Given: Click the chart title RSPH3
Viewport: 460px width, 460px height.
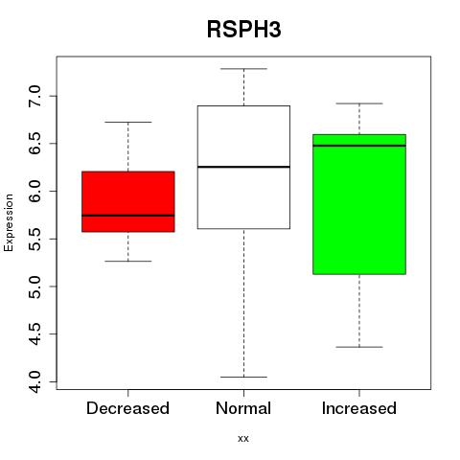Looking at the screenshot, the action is (244, 30).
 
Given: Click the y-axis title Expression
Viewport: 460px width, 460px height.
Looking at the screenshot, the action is (9, 222).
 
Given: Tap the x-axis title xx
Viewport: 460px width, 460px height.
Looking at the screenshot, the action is (243, 438).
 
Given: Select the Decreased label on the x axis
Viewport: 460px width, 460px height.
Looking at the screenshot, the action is (127, 408).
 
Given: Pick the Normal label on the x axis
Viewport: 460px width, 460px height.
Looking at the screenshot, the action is (243, 408).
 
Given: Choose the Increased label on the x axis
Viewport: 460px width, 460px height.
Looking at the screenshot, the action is (359, 408).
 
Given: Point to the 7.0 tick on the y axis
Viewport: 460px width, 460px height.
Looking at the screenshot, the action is (34, 96).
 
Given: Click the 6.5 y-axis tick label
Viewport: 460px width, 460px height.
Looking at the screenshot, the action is (34, 144).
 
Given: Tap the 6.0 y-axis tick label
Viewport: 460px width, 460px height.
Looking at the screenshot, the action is (34, 191).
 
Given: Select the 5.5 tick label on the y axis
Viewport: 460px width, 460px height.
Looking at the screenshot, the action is (34, 239).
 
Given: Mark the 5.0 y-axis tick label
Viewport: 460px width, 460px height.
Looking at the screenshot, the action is (34, 287).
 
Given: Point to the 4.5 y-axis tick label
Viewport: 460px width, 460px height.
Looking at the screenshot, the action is (34, 334).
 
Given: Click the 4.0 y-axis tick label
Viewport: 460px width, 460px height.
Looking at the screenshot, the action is (34, 381).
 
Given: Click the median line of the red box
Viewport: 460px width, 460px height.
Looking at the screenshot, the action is (128, 216).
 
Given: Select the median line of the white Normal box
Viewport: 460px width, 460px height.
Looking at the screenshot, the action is (243, 167).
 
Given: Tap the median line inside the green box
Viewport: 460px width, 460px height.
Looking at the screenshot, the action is (359, 146).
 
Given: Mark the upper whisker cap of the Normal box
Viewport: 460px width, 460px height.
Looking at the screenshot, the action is (243, 69).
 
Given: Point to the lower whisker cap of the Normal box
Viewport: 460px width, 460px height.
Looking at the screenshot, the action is (243, 377).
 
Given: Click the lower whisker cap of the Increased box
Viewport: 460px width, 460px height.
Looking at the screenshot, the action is (359, 347).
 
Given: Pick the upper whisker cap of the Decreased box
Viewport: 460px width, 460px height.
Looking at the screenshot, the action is (128, 122).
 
